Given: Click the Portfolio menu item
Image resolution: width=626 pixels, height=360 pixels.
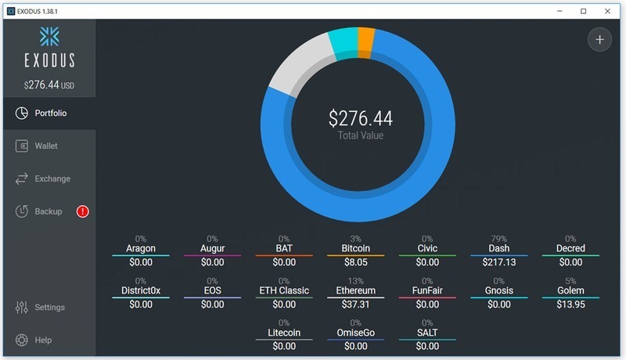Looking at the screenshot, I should pyautogui.click(x=50, y=113).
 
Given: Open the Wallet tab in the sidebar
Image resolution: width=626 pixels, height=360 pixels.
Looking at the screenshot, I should pyautogui.click(x=45, y=146).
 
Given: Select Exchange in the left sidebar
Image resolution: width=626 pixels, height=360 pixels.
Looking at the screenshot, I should pyautogui.click(x=52, y=179).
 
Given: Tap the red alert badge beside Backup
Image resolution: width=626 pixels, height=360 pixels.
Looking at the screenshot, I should pyautogui.click(x=82, y=211).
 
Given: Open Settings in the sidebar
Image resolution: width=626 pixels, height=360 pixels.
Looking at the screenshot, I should pyautogui.click(x=49, y=308).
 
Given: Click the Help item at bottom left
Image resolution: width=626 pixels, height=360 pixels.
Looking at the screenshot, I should pyautogui.click(x=43, y=340).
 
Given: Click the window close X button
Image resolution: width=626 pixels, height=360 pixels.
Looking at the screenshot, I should pyautogui.click(x=607, y=11).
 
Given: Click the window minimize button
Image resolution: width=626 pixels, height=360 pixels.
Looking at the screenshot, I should pyautogui.click(x=560, y=11).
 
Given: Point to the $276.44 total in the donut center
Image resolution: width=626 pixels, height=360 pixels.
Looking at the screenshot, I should pyautogui.click(x=360, y=119).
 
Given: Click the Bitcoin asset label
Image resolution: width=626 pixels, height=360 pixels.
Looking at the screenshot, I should pyautogui.click(x=356, y=249).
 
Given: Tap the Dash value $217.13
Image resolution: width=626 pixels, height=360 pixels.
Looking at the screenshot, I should pyautogui.click(x=499, y=263).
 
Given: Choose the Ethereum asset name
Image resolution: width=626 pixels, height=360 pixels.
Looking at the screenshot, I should pyautogui.click(x=356, y=291).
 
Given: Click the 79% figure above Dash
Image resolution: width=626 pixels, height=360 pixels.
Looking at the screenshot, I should pyautogui.click(x=499, y=239).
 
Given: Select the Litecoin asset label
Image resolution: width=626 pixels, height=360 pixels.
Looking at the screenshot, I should pyautogui.click(x=285, y=333).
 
